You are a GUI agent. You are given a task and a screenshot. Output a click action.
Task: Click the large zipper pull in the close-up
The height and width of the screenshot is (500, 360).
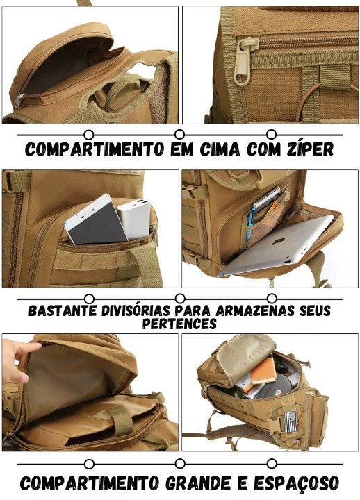click(x=243, y=62)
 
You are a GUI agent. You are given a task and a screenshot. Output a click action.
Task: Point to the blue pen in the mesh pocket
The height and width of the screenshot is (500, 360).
click(x=250, y=222)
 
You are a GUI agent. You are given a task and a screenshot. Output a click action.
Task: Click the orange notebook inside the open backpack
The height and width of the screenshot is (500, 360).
click(x=264, y=371)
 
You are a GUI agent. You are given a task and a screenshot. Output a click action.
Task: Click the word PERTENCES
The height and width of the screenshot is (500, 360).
click(x=179, y=324)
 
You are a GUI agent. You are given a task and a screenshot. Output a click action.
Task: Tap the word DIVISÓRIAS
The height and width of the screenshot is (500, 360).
click(x=136, y=311)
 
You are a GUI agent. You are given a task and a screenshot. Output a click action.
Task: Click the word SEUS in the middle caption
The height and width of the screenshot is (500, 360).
click(x=316, y=311)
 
